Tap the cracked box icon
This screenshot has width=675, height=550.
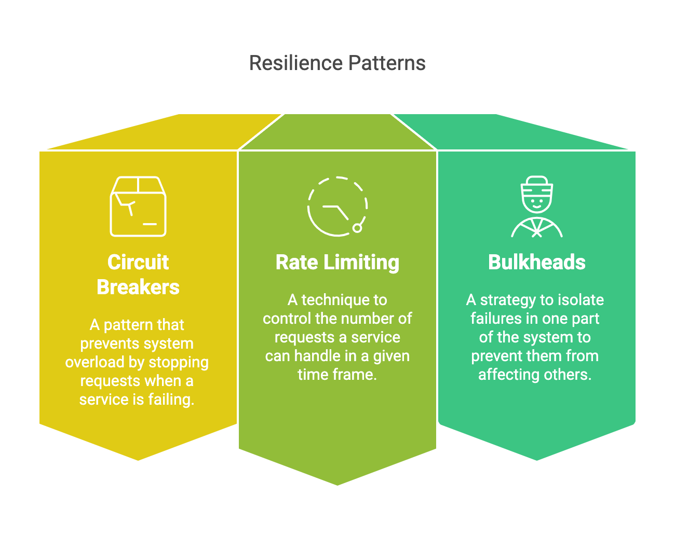138,207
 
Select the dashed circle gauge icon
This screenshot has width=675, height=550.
337,207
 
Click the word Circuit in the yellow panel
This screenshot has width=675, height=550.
138,263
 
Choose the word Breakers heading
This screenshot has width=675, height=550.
138,287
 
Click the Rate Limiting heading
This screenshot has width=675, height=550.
337,263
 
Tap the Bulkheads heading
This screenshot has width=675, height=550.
537,263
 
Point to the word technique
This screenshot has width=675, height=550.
344,300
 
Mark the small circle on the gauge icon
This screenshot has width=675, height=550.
357,228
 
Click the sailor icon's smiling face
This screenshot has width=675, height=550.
537,201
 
